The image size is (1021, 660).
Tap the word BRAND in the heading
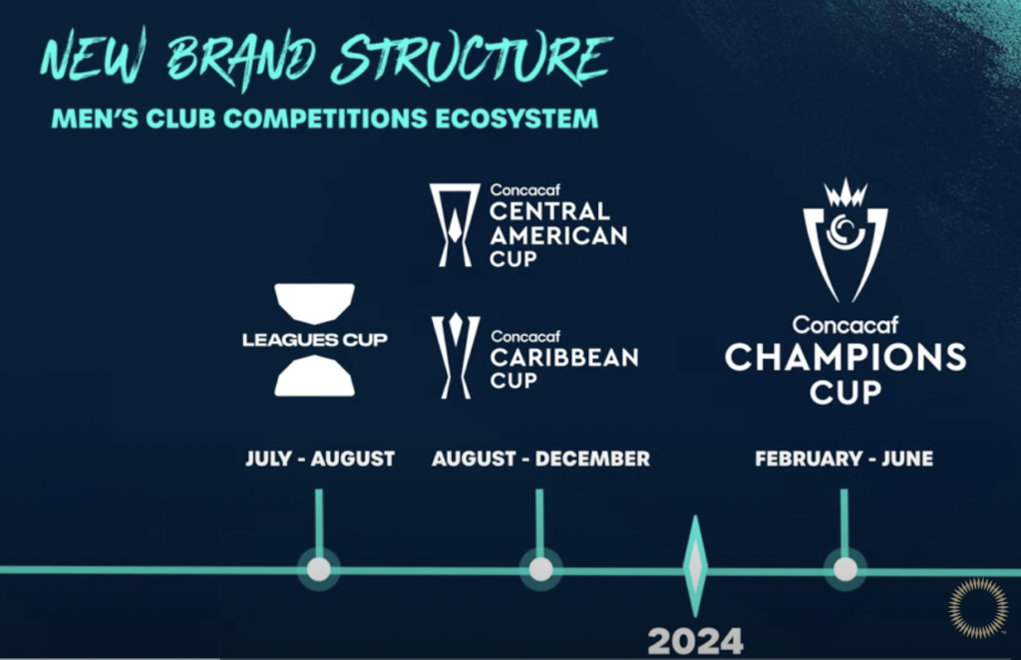(241, 59)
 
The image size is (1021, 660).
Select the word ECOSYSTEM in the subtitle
(516, 119)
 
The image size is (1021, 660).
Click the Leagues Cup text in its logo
(314, 339)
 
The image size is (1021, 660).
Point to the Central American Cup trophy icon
(455, 224)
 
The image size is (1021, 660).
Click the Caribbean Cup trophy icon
(455, 356)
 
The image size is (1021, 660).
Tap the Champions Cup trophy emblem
(846, 241)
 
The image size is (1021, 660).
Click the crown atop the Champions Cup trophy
(846, 192)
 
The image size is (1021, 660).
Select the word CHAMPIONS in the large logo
(846, 357)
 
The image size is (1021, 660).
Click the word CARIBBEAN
(564, 357)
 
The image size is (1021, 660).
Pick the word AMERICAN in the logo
(558, 235)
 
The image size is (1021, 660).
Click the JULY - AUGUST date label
(320, 459)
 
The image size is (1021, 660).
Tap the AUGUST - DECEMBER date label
(540, 459)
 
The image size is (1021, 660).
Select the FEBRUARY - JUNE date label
(844, 459)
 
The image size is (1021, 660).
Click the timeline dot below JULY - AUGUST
(318, 569)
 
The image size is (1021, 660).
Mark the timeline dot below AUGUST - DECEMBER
(540, 569)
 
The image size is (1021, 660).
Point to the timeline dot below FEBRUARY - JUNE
(846, 569)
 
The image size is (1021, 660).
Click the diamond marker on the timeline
(695, 566)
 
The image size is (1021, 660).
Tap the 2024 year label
(695, 642)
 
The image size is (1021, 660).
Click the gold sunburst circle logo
(978, 606)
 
